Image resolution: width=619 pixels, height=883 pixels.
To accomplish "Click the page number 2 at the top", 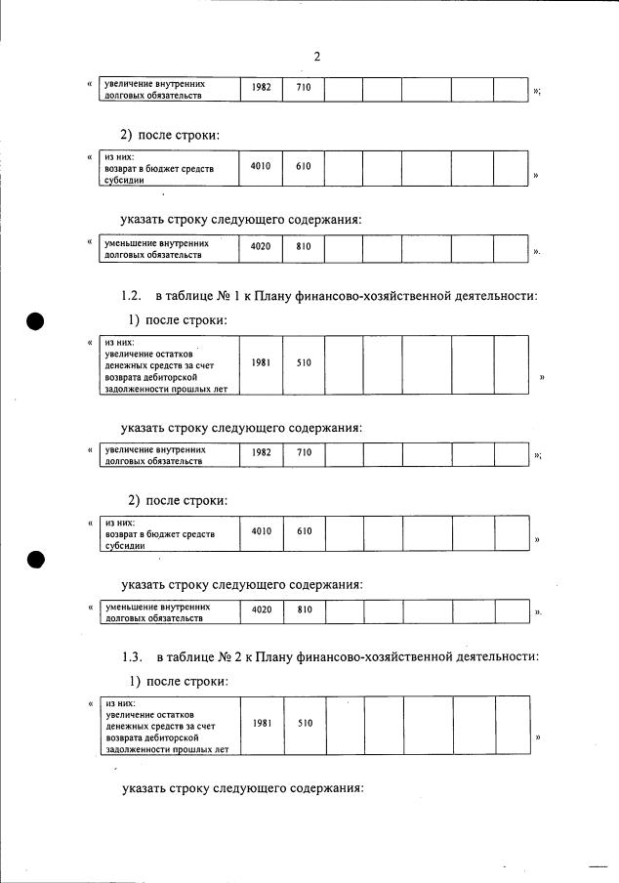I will tap(317, 57).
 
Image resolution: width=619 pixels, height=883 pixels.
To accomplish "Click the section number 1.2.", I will tap(132, 296).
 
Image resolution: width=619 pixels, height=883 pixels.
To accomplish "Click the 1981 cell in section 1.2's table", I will tap(261, 363).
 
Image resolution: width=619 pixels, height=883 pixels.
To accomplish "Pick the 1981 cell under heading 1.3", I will tap(261, 724).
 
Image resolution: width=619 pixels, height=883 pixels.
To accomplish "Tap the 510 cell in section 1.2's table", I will tap(304, 363).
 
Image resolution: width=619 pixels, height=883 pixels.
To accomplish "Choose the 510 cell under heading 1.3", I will tap(304, 724).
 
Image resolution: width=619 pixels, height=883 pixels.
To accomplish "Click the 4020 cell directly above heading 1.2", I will tap(261, 247).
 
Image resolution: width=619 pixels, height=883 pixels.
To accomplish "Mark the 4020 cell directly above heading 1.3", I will tap(261, 610).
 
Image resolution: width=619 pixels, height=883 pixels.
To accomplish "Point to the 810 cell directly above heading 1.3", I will tap(304, 610).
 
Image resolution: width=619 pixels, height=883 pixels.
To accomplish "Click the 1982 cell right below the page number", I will tap(261, 89).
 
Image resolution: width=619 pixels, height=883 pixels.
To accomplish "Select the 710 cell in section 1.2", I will tap(304, 452).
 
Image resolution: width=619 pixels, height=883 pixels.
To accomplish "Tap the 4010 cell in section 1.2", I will tap(261, 532).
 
